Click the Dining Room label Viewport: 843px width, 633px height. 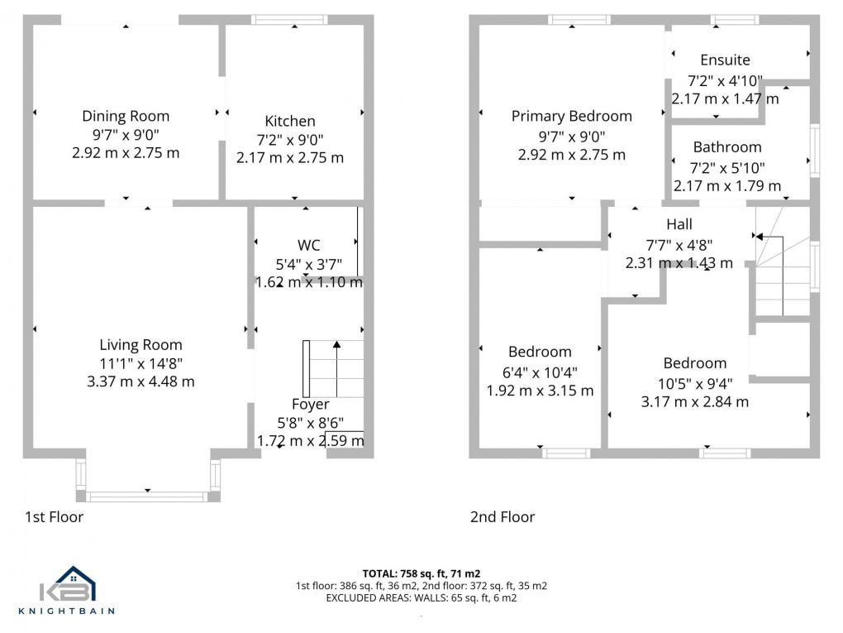point(126,116)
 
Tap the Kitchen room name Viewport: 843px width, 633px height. point(289,121)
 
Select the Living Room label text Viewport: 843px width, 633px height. point(140,345)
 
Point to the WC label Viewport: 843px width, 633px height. point(308,245)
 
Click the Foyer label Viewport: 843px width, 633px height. point(310,405)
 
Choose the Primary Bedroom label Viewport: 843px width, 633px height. point(571,116)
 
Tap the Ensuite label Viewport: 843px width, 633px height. point(725,60)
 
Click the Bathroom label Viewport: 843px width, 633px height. point(727,147)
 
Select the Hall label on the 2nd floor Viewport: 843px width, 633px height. point(679,224)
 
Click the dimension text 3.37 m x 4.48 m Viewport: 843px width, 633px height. point(140,381)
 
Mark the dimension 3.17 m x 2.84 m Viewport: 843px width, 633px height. point(695,402)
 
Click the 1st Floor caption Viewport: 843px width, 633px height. point(54,517)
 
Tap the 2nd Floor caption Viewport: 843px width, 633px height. point(502,517)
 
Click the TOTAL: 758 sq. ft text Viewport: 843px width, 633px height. point(421,573)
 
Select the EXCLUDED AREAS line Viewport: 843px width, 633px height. point(421,597)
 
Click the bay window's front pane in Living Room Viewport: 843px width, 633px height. point(147,496)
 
